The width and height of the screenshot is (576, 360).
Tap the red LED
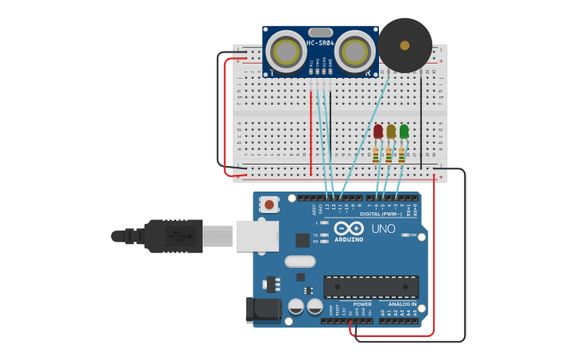378,131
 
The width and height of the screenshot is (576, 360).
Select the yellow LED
391,131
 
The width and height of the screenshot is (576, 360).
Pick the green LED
404,131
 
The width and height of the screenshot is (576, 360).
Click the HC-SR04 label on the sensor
319,43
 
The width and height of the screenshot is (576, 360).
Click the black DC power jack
262,310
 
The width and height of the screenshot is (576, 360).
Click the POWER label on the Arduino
362,304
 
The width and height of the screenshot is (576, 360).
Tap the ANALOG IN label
402,304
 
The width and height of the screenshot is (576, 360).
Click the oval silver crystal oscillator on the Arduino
300,261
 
